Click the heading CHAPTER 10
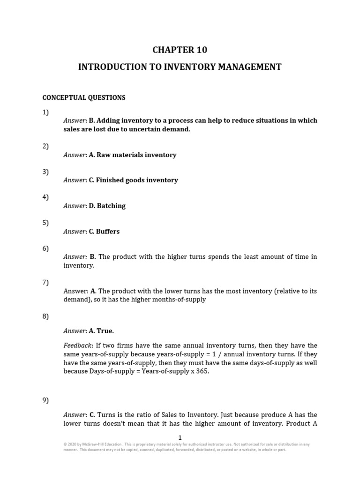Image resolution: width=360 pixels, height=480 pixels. point(180,50)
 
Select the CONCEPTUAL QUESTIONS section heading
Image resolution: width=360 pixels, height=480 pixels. point(84,98)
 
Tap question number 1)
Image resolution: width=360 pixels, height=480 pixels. point(45,112)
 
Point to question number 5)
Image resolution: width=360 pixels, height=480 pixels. point(45,223)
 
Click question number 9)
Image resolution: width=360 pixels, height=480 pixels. point(45,400)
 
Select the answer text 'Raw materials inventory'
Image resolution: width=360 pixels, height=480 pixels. point(136,155)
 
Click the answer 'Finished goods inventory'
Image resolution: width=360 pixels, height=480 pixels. point(137,180)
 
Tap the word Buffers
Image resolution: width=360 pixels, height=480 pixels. point(108,232)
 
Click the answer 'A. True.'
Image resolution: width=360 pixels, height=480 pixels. point(101,331)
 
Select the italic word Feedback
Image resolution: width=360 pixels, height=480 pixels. point(77,345)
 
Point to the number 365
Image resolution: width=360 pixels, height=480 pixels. point(203,371)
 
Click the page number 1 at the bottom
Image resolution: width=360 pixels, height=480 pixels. point(180,437)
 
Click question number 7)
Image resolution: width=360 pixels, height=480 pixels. point(45,282)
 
